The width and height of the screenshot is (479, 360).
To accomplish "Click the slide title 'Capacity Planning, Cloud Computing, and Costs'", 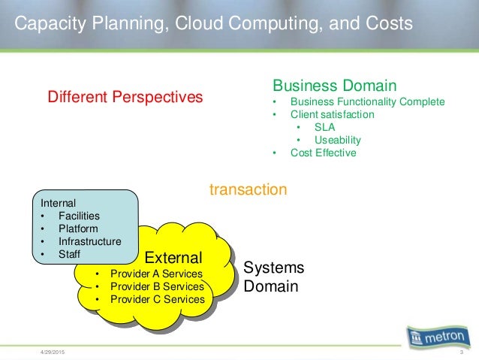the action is click(x=214, y=24).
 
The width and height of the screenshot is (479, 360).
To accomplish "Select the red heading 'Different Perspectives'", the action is click(x=125, y=97).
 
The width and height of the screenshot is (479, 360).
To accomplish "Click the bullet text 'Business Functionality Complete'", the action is click(x=367, y=102).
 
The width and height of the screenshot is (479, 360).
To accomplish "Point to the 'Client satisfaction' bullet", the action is click(x=332, y=115).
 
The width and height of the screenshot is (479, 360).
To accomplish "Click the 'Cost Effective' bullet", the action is click(x=324, y=153).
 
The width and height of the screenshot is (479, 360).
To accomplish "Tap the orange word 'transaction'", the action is click(x=248, y=190).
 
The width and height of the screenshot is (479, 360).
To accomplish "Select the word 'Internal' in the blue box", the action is click(x=58, y=202).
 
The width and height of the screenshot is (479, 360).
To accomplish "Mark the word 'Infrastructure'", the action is click(x=89, y=242).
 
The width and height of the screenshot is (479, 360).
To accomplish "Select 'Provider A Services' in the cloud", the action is click(x=156, y=273).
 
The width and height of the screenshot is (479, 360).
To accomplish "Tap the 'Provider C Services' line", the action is click(x=156, y=299).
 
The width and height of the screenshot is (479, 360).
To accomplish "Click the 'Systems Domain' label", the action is click(x=274, y=277).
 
